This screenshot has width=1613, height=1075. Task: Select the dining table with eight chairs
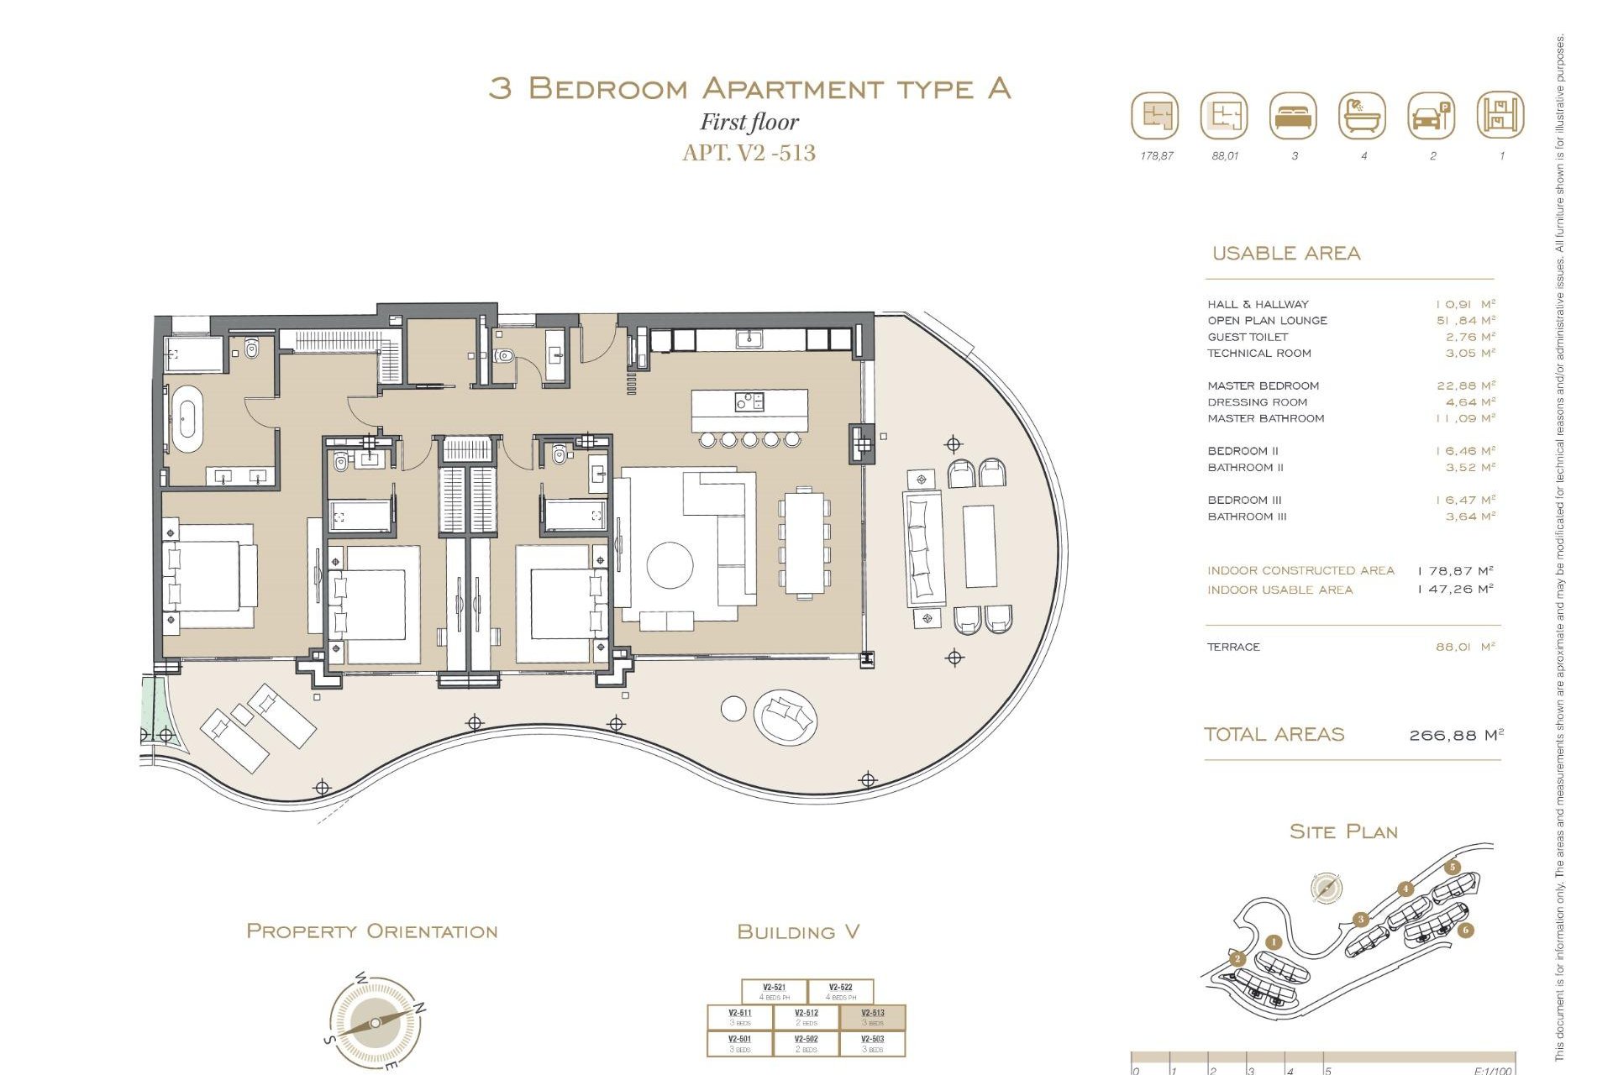804,543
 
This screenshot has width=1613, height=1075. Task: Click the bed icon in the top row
1293,117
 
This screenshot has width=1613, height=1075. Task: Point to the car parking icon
1431,117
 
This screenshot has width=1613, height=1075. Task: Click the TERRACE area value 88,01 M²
1465,647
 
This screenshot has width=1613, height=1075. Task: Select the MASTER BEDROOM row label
1263,385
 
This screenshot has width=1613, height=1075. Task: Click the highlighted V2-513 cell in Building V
872,1017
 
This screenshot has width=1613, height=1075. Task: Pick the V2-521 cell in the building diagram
774,992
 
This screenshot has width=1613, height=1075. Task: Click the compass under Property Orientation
375,1023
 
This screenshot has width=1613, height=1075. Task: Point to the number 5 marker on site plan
1453,868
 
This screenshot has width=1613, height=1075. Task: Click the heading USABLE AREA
1285,254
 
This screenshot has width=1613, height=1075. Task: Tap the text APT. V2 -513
749,153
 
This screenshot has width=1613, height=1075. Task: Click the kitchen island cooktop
749,401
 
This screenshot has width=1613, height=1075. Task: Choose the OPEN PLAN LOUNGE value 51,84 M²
1465,320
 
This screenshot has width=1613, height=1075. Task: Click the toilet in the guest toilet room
503,355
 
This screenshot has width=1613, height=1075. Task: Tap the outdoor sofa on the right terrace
922,548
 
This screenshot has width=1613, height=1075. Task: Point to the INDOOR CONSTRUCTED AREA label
1300,570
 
